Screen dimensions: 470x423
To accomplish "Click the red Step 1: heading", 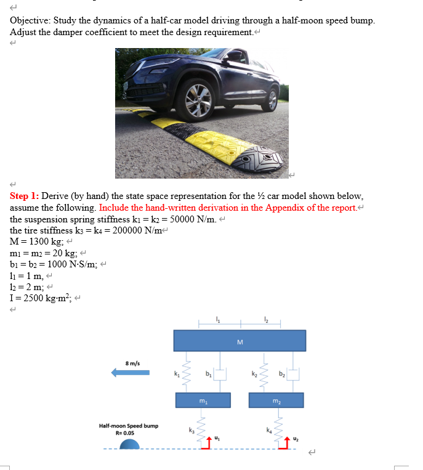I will [25, 196].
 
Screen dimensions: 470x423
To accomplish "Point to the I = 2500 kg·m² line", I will [41, 298].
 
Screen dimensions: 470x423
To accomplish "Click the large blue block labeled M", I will [240, 341].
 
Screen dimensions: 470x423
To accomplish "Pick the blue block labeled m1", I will [203, 400].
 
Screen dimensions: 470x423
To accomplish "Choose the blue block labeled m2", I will [276, 400].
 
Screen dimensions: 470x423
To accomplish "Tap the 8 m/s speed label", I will [132, 363].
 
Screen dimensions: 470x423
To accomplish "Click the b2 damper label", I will [281, 373].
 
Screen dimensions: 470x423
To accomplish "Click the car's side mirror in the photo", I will [234, 57].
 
